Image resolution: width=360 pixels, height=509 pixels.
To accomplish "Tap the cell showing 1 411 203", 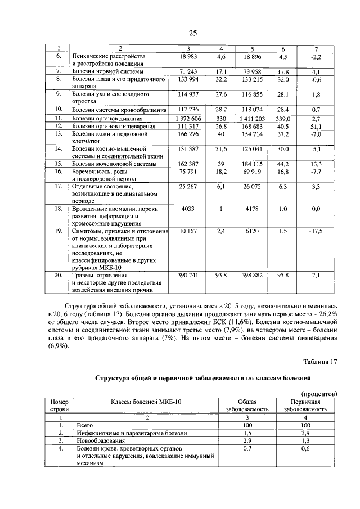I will (x=253, y=119).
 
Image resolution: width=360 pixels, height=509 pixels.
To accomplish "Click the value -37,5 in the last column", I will (x=316, y=231).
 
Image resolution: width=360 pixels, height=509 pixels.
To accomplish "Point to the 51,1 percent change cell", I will (x=316, y=127).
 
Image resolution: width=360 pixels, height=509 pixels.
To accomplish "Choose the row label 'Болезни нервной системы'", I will (x=107, y=72).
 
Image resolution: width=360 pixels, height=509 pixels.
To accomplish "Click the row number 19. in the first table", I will (x=58, y=231).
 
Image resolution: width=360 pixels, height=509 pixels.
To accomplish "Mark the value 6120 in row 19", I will (x=253, y=231).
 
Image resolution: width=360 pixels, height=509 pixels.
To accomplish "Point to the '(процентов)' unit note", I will (x=319, y=394).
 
